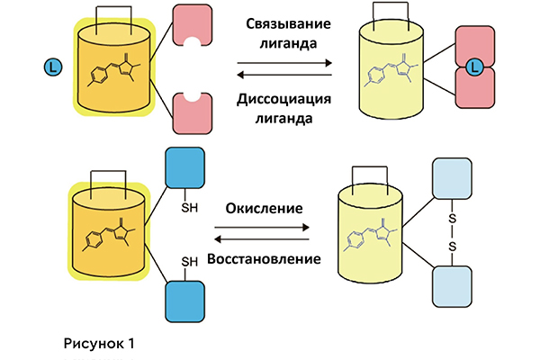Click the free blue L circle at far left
[53, 66]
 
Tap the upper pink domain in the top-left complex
[191, 28]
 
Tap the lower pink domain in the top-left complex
[191, 112]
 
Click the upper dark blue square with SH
[186, 172]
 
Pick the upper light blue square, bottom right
[454, 183]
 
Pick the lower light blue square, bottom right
[454, 287]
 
